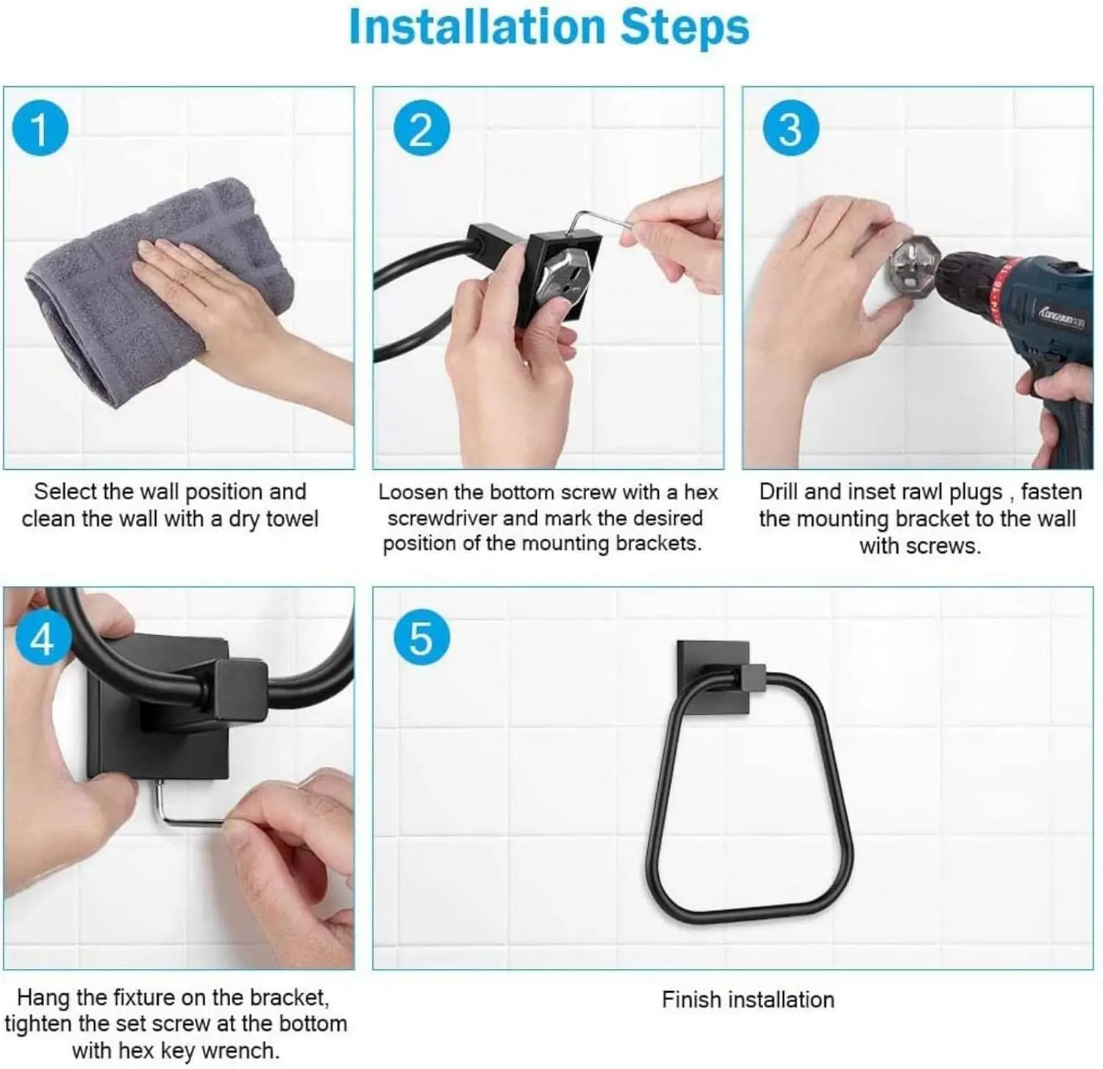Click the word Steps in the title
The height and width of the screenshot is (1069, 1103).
click(x=685, y=28)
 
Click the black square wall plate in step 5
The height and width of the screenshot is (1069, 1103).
click(x=712, y=676)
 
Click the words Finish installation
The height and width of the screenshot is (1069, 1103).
click(x=748, y=999)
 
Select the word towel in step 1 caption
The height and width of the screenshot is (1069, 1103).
click(x=292, y=519)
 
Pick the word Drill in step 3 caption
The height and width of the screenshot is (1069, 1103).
click(x=778, y=491)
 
